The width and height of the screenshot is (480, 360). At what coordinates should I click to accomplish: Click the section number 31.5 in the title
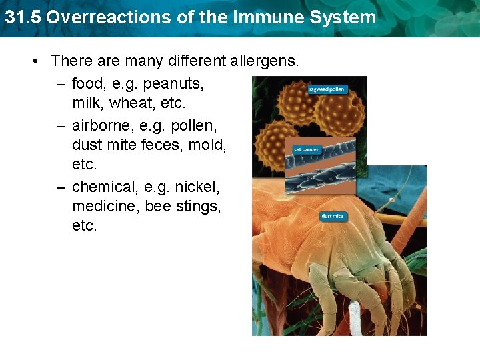(23, 17)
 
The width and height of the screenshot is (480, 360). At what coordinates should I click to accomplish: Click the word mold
(210, 145)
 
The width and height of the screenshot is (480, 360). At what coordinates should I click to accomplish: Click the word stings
(198, 206)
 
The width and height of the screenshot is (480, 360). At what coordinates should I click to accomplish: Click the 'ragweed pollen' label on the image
(327, 89)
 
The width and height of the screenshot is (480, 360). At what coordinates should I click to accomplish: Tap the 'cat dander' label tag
(307, 149)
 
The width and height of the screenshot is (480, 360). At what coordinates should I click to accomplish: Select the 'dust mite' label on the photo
(333, 216)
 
